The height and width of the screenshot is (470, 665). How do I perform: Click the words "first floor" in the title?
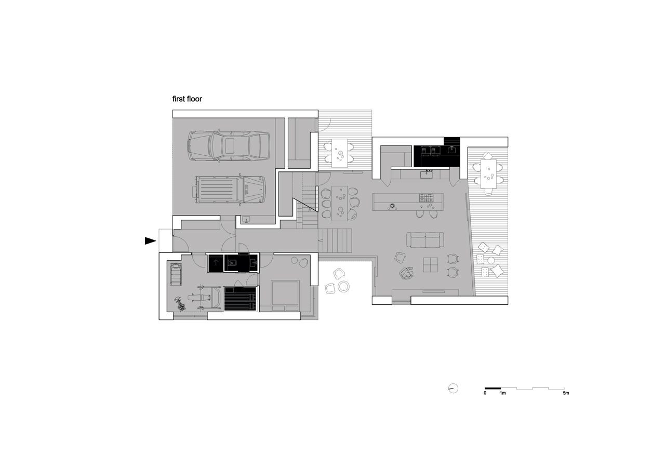click(187, 99)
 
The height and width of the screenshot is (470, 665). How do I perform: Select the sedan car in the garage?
click(229, 146)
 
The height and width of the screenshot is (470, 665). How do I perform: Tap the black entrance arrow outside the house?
click(150, 241)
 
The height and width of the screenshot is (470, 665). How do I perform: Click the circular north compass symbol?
click(453, 388)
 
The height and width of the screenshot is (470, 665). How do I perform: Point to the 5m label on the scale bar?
click(566, 393)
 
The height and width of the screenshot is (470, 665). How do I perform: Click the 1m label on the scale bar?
click(502, 393)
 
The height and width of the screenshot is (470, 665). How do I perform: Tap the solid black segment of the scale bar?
click(493, 388)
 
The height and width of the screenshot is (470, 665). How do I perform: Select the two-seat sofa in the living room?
click(425, 240)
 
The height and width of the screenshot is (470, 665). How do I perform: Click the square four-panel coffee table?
click(431, 265)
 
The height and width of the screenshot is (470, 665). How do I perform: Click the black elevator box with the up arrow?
click(216, 263)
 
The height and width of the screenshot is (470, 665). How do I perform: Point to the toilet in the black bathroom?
click(232, 263)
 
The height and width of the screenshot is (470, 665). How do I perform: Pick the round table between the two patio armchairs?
click(344, 286)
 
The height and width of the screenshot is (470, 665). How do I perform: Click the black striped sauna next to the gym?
click(240, 299)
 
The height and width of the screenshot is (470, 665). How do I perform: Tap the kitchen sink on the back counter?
click(427, 174)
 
